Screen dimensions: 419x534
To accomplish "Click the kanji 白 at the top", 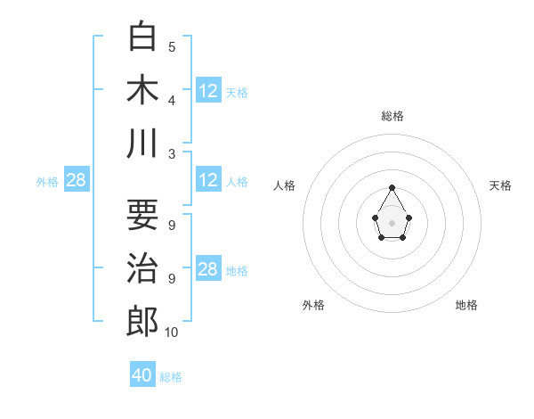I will pyautogui.click(x=142, y=37).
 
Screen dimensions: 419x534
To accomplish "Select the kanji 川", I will pyautogui.click(x=142, y=143).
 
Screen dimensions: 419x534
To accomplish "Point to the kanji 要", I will pyautogui.click(x=142, y=215).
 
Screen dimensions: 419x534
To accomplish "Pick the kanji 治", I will pyautogui.click(x=142, y=268).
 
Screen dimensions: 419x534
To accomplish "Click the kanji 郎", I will pyautogui.click(x=142, y=322).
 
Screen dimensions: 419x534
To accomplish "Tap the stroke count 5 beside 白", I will pyautogui.click(x=172, y=46).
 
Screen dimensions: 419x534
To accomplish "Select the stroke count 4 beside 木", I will pyautogui.click(x=172, y=100).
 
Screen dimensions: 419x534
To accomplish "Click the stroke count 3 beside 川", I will pyautogui.click(x=172, y=153).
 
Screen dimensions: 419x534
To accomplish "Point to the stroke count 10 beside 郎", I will pyautogui.click(x=172, y=333).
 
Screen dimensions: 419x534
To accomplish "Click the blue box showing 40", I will pyautogui.click(x=142, y=375).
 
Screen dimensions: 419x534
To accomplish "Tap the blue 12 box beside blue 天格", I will pyautogui.click(x=208, y=91).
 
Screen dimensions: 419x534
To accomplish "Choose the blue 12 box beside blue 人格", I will pyautogui.click(x=208, y=180).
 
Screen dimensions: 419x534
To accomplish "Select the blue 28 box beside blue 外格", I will pyautogui.click(x=77, y=180).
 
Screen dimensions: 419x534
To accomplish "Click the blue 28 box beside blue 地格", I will pyautogui.click(x=208, y=269).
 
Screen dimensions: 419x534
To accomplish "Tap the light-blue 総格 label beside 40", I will pyautogui.click(x=171, y=377).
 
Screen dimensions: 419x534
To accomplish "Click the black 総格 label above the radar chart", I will pyautogui.click(x=392, y=116).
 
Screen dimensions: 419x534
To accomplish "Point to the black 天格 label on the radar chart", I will pyautogui.click(x=500, y=185).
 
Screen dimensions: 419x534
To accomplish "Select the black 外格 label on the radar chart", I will pyautogui.click(x=313, y=305).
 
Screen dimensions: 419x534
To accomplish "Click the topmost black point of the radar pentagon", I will pyautogui.click(x=392, y=187).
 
